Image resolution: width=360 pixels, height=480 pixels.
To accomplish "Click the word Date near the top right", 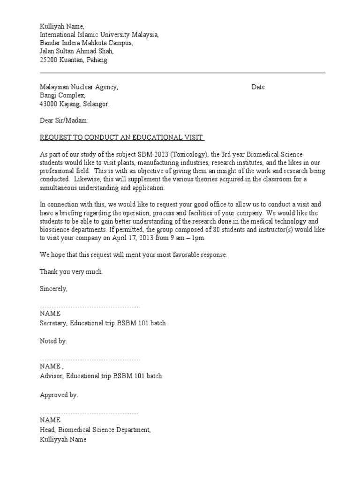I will [258, 87].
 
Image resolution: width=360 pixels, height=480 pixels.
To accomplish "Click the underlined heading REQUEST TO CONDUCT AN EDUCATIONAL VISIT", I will [122, 137].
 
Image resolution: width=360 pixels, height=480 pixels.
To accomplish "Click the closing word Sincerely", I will [53, 289].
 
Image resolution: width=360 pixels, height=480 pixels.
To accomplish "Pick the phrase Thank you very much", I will [71, 272].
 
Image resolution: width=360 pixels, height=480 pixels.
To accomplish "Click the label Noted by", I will [53, 341].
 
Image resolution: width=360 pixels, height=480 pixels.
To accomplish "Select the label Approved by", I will [59, 395].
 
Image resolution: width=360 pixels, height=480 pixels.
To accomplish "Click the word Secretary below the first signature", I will [53, 323].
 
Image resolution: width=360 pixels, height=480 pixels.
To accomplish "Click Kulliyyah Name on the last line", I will [63, 440].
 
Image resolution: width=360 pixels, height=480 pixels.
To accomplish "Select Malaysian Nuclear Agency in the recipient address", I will [79, 87].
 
